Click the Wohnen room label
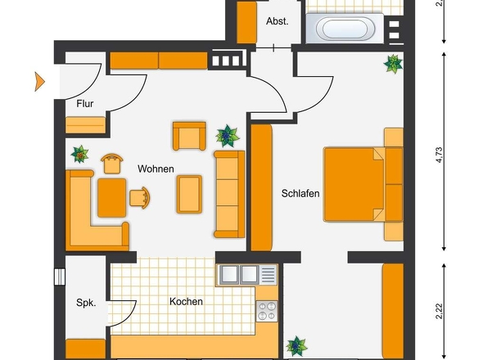(156, 169)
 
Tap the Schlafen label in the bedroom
(300, 193)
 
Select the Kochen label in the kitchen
(186, 301)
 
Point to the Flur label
(84, 104)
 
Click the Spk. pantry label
(86, 303)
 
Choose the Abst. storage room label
(278, 21)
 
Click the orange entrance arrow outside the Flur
(39, 82)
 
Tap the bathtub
(345, 29)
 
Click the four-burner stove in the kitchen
(267, 312)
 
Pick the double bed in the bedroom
(363, 184)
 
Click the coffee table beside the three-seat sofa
(189, 194)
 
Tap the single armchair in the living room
(189, 136)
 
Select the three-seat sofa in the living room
(229, 194)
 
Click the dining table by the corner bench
(112, 198)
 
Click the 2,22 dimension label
(439, 312)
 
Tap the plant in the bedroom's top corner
(394, 64)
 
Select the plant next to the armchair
(228, 136)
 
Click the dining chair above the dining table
(112, 164)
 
